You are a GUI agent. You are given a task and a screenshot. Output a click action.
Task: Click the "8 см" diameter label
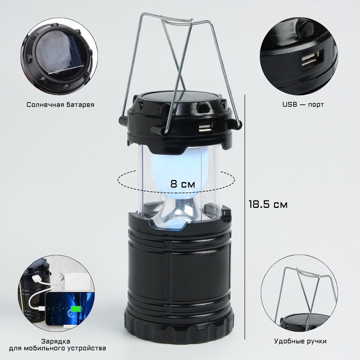pyautogui.click(x=183, y=184)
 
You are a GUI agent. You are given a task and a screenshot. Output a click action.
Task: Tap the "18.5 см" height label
pyautogui.click(x=268, y=204)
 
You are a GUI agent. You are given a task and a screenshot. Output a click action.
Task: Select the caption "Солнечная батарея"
pyautogui.click(x=60, y=105)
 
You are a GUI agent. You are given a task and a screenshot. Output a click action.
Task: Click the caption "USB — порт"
pyautogui.click(x=303, y=104)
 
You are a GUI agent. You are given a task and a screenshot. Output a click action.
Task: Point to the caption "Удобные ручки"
pyautogui.click(x=300, y=341)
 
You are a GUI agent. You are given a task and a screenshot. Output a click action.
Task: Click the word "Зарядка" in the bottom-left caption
pyautogui.click(x=56, y=341)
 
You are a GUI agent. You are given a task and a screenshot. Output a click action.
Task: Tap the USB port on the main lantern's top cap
pyautogui.click(x=203, y=128)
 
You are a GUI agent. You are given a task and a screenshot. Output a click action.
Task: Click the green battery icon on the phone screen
pyautogui.click(x=76, y=309)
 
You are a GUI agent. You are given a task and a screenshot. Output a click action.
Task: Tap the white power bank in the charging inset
pyautogui.click(x=79, y=282)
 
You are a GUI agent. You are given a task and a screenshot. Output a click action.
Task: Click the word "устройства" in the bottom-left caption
pyautogui.click(x=87, y=349)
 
